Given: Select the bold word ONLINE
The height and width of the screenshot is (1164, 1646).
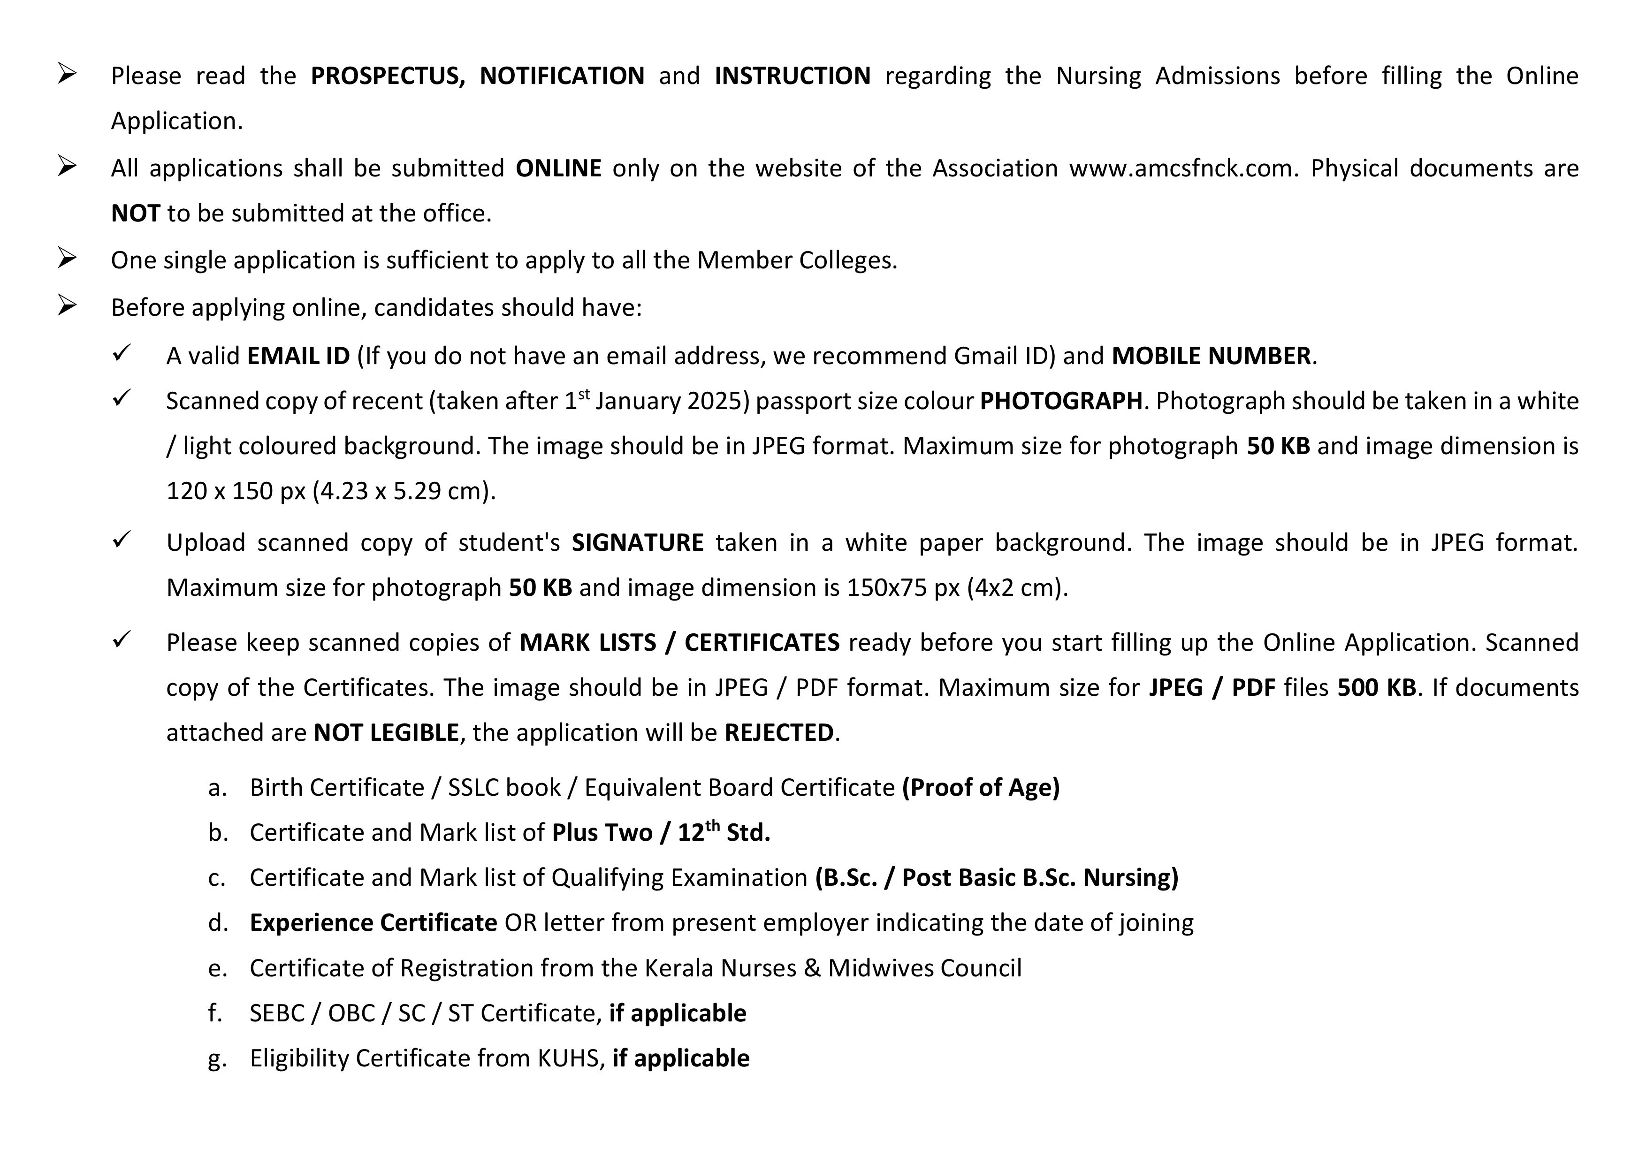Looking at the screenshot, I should (558, 168).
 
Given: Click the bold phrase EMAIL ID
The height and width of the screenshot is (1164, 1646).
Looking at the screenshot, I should (298, 356).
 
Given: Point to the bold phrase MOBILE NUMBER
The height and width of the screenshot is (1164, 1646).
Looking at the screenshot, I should (1211, 356).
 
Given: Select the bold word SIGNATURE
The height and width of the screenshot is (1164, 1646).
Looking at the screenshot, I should (637, 542).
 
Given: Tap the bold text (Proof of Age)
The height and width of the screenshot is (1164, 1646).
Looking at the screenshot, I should (981, 788).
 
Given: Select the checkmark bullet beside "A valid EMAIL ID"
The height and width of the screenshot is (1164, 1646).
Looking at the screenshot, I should (121, 353).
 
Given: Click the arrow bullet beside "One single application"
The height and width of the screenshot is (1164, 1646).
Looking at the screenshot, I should (68, 259).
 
